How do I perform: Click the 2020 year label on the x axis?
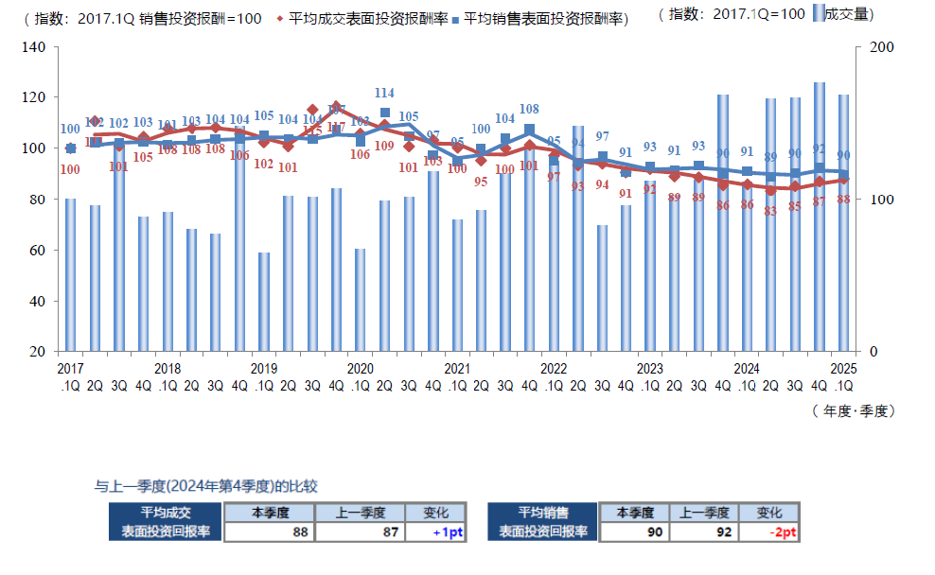361,368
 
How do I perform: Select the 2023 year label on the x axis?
650,368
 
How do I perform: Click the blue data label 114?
384,94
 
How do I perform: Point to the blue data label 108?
529,110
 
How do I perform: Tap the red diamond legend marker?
281,17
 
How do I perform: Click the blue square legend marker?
456,17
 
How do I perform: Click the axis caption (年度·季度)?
853,410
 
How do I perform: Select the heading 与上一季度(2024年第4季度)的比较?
205,486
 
